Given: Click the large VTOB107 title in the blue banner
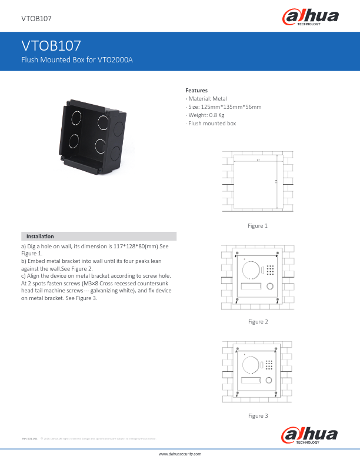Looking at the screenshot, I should [51, 46].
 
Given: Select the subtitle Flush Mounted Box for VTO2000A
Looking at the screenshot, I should [77, 60].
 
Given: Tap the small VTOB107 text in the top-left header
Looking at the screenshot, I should [36, 19].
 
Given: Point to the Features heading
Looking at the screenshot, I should [196, 90].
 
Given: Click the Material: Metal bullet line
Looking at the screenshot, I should [206, 99].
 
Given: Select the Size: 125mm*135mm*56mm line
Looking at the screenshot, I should [224, 107].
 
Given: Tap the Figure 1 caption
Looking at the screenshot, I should [258, 226].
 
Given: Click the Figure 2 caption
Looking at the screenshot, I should [258, 322].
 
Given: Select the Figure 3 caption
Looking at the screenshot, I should [258, 416].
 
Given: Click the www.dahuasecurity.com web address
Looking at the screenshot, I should [180, 454].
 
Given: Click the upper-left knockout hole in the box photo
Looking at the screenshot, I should [76, 118].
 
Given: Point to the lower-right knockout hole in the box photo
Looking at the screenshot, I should [99, 146].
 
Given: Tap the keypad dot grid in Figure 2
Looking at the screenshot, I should [270, 270].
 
